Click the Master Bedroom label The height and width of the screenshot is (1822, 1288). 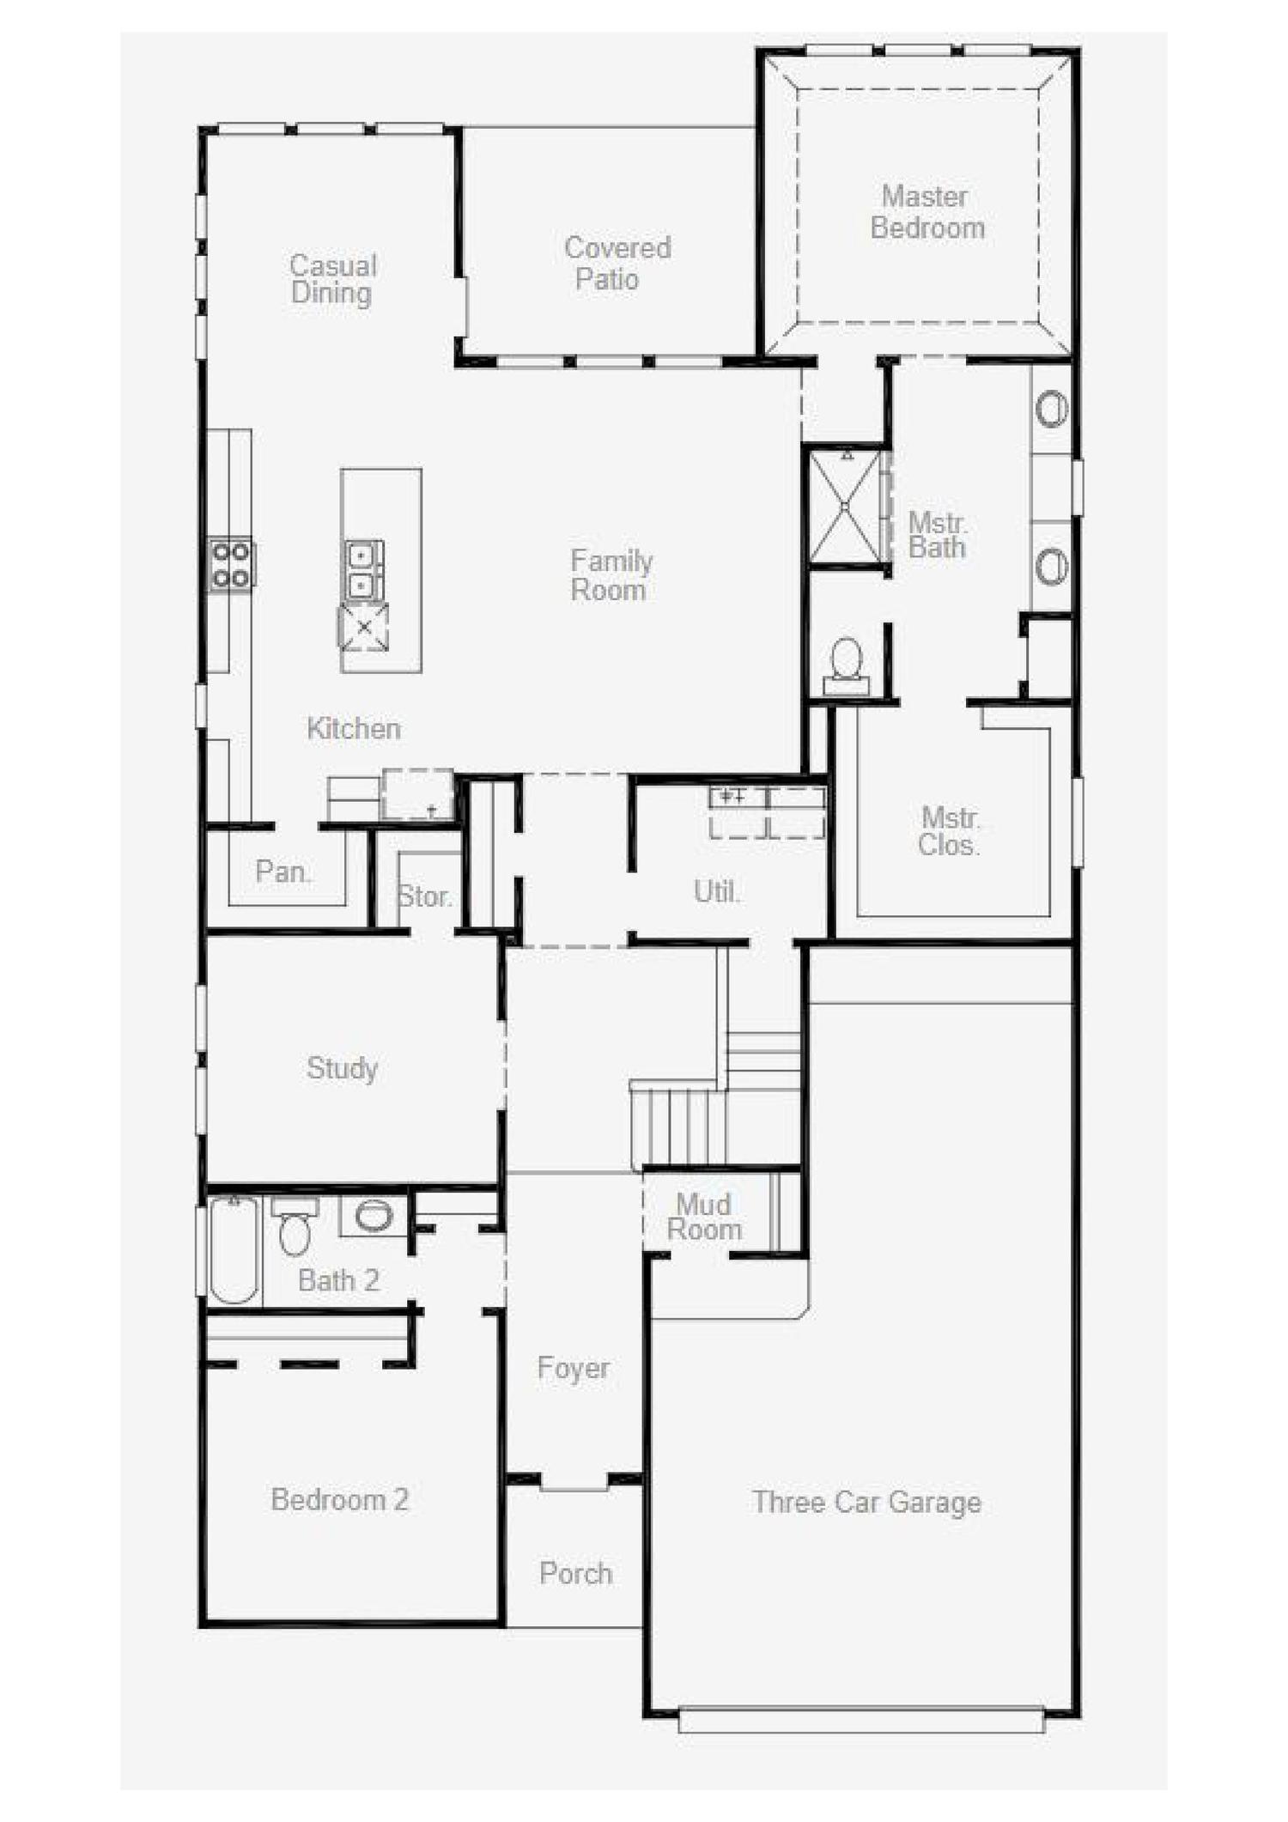927,212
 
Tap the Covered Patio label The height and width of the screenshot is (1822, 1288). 617,263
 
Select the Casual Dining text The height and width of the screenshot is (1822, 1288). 332,279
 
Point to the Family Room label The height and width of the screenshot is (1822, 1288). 611,575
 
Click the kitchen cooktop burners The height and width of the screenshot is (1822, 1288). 231,565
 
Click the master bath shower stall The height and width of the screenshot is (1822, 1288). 846,507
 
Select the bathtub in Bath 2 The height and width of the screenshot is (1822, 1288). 234,1250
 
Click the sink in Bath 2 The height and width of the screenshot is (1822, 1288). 374,1216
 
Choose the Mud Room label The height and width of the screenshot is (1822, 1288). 704,1217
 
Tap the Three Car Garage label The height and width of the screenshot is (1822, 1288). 866,1502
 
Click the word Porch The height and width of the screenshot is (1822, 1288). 575,1573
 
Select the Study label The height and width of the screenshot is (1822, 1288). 342,1068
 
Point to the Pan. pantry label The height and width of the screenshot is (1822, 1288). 283,872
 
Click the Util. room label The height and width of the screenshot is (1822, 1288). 716,891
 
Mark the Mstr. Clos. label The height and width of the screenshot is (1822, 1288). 949,831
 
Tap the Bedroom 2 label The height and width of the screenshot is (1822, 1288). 340,1499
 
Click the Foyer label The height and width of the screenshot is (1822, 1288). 573,1367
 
